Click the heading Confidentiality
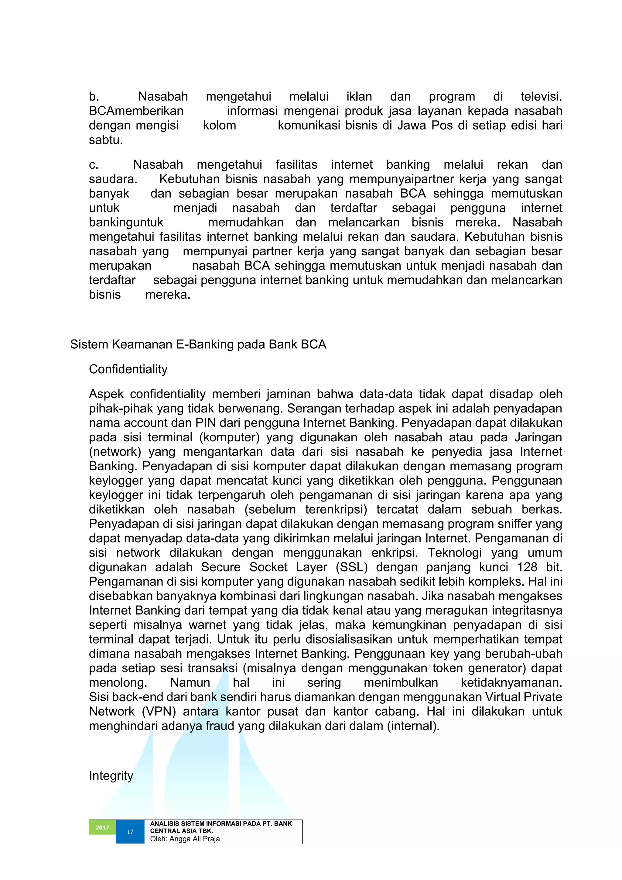pyautogui.click(x=128, y=369)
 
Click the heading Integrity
pyautogui.click(x=111, y=776)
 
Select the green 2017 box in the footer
pyautogui.click(x=102, y=827)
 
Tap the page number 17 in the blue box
pyautogui.click(x=130, y=832)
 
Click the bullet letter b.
pyautogui.click(x=94, y=97)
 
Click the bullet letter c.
pyautogui.click(x=94, y=165)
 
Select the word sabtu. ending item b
pyautogui.click(x=106, y=140)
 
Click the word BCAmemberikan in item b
pyautogui.click(x=136, y=111)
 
